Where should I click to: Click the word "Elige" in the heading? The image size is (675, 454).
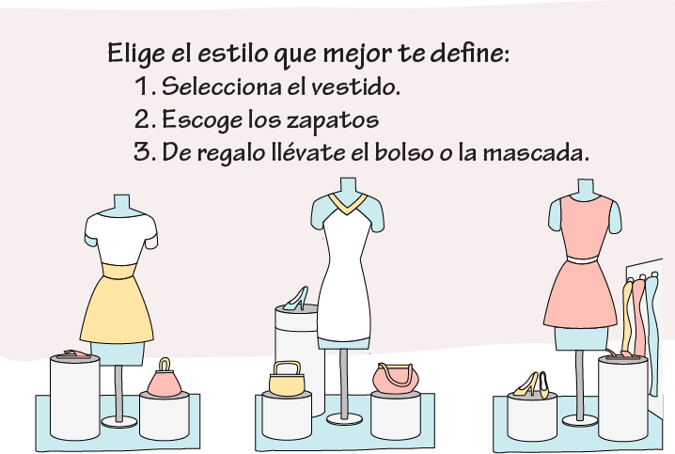point(136,54)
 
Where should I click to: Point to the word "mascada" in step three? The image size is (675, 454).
point(536,152)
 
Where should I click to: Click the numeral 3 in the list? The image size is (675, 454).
point(142,152)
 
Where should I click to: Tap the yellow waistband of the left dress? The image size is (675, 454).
point(119,271)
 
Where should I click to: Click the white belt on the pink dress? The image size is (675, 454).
point(582,259)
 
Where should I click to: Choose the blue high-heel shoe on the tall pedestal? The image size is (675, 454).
point(296,298)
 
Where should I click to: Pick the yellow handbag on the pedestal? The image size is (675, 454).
point(287,379)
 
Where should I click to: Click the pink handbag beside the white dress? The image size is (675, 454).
point(396,378)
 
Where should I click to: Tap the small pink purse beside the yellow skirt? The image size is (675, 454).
point(164,378)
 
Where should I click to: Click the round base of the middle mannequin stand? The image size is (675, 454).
point(344,418)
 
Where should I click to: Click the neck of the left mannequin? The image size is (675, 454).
point(121,204)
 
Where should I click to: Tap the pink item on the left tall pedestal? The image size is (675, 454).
point(73,354)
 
